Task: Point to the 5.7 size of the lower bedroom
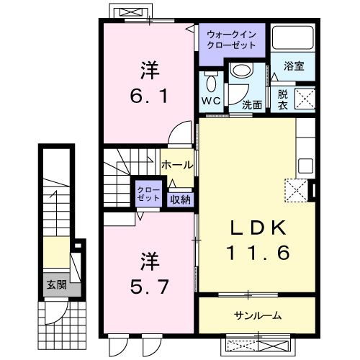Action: [x=149, y=286]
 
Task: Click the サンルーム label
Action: [x=257, y=315]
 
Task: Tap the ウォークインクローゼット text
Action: [x=232, y=39]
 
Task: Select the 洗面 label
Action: [x=251, y=104]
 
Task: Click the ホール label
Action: [x=176, y=165]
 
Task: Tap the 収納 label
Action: [x=181, y=199]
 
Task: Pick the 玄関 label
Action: [x=57, y=284]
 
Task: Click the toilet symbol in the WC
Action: [x=211, y=80]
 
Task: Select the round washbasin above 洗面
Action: [x=240, y=71]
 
